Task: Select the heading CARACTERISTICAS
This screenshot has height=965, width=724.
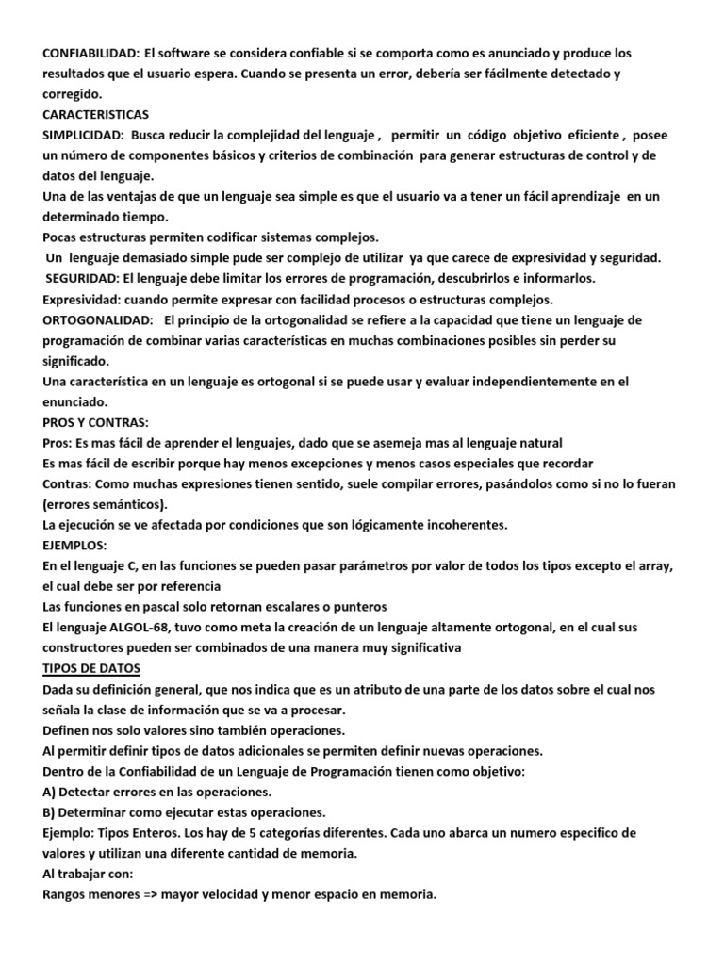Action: click(x=95, y=114)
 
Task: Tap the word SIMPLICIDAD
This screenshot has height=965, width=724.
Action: click(x=84, y=135)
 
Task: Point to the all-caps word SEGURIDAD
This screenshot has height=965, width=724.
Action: click(x=81, y=279)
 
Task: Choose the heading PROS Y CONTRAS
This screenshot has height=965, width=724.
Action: click(x=95, y=422)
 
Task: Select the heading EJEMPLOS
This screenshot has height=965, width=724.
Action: click(x=75, y=545)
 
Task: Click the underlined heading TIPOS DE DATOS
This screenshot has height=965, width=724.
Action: click(x=91, y=668)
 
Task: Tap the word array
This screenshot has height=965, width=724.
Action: click(x=659, y=565)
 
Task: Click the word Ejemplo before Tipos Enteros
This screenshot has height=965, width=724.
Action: click(x=71, y=833)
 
